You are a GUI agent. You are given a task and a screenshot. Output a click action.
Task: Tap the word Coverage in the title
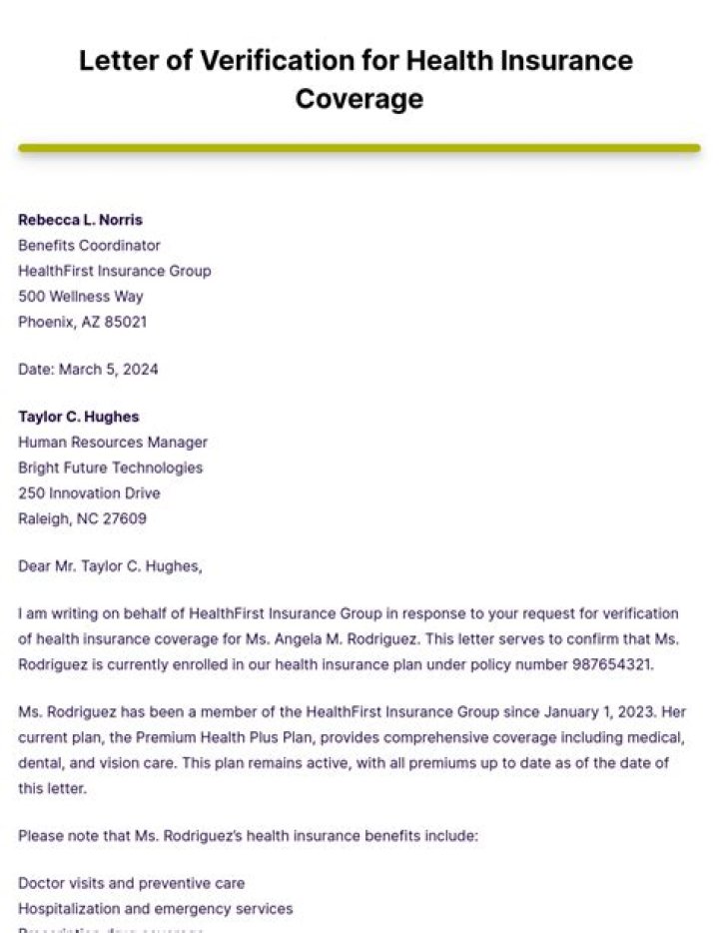click(x=359, y=99)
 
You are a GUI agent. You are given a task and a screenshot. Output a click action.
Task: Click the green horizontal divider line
click(x=359, y=148)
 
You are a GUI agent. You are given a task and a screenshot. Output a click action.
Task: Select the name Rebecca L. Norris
click(x=80, y=220)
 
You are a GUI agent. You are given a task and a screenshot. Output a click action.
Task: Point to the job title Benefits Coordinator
click(x=89, y=245)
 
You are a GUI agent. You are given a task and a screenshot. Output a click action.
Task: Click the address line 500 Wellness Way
click(x=81, y=297)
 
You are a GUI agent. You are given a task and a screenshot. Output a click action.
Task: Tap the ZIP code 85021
click(x=126, y=323)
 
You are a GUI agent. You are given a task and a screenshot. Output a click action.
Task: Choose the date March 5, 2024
click(x=109, y=370)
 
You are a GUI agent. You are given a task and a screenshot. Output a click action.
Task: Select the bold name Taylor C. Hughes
click(x=79, y=417)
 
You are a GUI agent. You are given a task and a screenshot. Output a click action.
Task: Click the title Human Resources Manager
click(x=113, y=442)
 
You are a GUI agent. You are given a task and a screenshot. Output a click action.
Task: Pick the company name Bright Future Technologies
click(x=110, y=467)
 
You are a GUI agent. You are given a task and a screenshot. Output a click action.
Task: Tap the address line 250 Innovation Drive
click(x=89, y=493)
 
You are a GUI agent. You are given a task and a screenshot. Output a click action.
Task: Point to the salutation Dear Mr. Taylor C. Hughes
click(x=110, y=566)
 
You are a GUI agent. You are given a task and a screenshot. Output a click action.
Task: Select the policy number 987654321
click(x=611, y=664)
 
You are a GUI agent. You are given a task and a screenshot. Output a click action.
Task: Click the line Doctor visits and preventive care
click(x=131, y=883)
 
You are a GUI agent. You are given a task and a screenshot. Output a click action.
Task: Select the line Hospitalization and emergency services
click(x=155, y=909)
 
